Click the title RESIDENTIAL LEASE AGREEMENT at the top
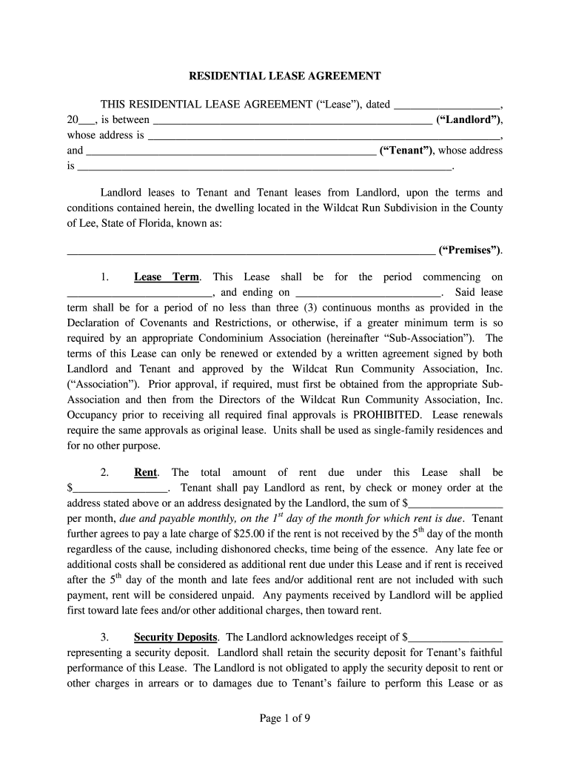pos(285,76)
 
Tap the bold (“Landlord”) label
pos(469,119)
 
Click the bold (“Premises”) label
pos(470,250)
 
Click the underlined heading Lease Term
pos(167,277)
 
